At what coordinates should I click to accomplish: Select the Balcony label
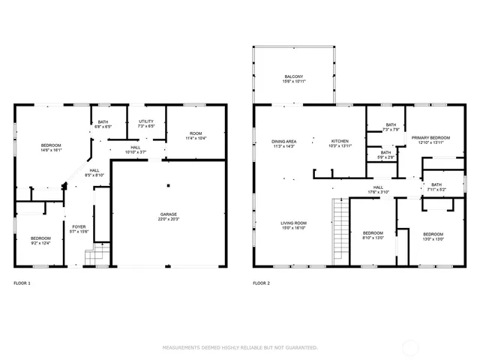click(x=294, y=76)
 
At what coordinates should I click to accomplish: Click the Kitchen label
click(x=340, y=142)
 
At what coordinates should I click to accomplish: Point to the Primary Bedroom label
click(x=434, y=138)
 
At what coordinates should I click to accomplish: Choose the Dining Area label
click(x=283, y=142)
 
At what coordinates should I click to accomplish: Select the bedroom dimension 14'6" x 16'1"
click(x=51, y=149)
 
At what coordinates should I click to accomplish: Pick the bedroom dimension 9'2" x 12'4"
click(x=40, y=242)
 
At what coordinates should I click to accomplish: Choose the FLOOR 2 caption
click(x=261, y=283)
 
